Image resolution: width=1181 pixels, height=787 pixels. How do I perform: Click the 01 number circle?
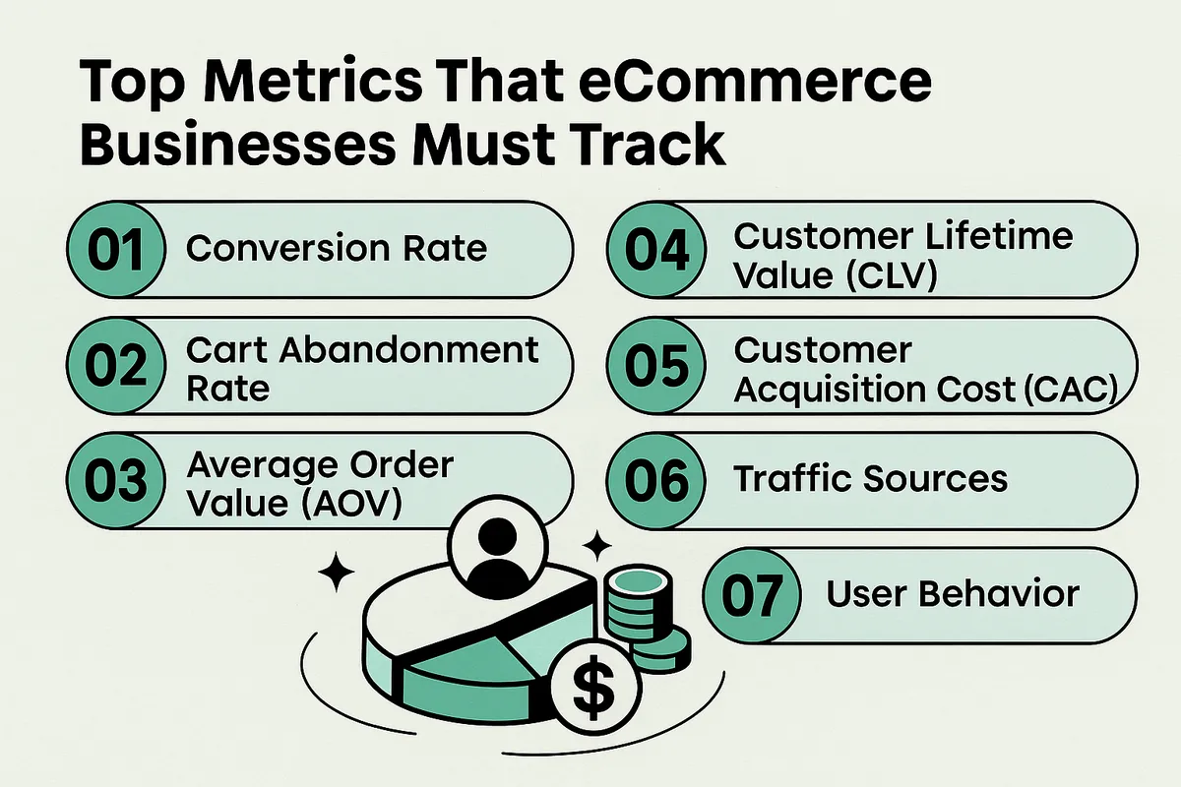click(x=110, y=248)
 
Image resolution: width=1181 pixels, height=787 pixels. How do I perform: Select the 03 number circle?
click(x=110, y=480)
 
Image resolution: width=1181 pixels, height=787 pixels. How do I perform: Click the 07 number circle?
click(x=751, y=595)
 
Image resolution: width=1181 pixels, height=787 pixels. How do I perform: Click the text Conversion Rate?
click(x=337, y=248)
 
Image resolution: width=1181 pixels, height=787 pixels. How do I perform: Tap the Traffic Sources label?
click(x=871, y=479)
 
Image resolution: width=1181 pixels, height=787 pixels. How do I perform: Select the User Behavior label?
click(x=953, y=594)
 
